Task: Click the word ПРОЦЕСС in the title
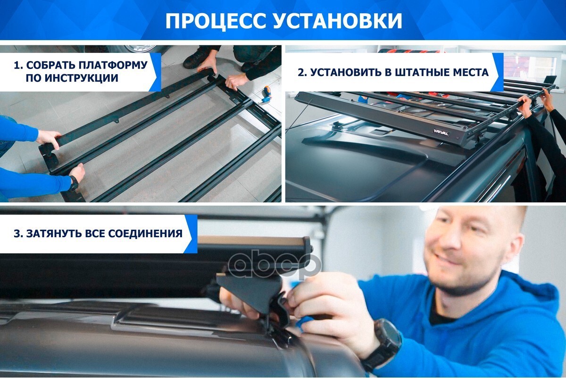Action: click(x=217, y=21)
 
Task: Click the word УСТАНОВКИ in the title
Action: click(x=337, y=21)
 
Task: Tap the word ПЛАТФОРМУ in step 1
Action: click(x=113, y=65)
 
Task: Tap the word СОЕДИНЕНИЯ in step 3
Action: click(x=145, y=233)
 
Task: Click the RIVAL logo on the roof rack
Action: click(x=441, y=132)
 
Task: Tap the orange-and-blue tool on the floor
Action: click(x=266, y=94)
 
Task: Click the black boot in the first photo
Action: click(x=197, y=58)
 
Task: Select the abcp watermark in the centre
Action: click(x=275, y=264)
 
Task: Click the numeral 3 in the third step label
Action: click(x=17, y=233)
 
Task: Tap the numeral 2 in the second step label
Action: click(x=301, y=73)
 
